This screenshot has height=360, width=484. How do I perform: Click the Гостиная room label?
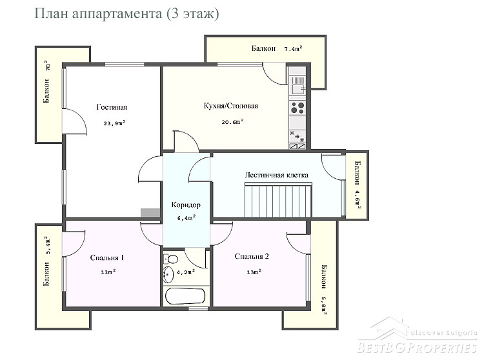pyautogui.click(x=112, y=107)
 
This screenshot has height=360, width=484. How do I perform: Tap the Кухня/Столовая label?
pyautogui.click(x=230, y=106)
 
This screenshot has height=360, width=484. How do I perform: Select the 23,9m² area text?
pyautogui.click(x=114, y=123)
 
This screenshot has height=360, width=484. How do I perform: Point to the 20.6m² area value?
pyautogui.click(x=232, y=121)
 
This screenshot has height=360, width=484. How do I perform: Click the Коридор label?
pyautogui.click(x=186, y=205)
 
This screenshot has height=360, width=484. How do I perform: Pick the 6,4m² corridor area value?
pyautogui.click(x=187, y=218)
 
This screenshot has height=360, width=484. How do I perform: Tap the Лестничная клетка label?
pyautogui.click(x=277, y=175)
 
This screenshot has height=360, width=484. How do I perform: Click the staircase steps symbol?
pyautogui.click(x=278, y=200)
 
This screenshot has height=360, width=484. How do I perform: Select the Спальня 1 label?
pyautogui.click(x=107, y=257)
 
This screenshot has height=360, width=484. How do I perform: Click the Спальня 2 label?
pyautogui.click(x=252, y=256)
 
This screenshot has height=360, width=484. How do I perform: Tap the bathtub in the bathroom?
pyautogui.click(x=185, y=296)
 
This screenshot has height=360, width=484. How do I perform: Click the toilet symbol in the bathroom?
pyautogui.click(x=170, y=259)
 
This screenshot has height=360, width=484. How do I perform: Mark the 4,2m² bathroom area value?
pyautogui.click(x=185, y=272)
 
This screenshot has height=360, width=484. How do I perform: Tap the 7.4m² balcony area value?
pyautogui.click(x=293, y=48)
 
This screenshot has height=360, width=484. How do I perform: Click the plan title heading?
pyautogui.click(x=126, y=14)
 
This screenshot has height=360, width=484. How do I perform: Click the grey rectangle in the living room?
pyautogui.click(x=150, y=213)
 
